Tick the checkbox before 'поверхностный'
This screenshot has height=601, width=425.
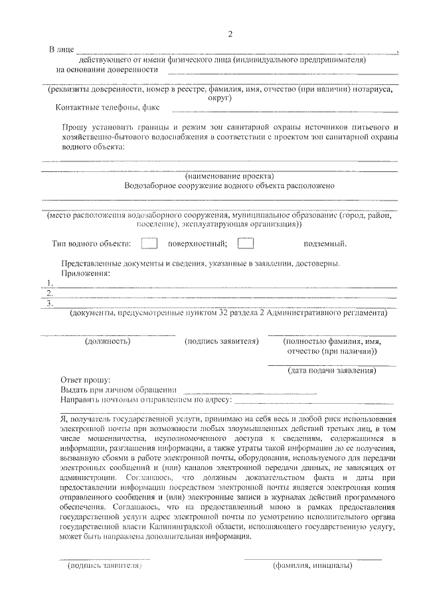click(x=149, y=243)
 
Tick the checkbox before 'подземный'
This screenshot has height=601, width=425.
click(x=246, y=243)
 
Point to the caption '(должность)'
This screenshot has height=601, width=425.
click(x=108, y=341)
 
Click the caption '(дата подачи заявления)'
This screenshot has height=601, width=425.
click(x=332, y=370)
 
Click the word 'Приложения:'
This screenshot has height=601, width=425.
click(x=86, y=273)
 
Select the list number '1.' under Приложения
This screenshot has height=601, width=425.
click(x=49, y=283)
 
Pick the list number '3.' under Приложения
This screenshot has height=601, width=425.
click(x=49, y=303)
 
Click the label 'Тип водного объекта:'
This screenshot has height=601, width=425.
click(x=92, y=244)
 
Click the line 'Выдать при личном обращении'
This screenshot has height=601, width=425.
click(x=118, y=390)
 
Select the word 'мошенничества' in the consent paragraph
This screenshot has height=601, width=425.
click(x=116, y=439)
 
